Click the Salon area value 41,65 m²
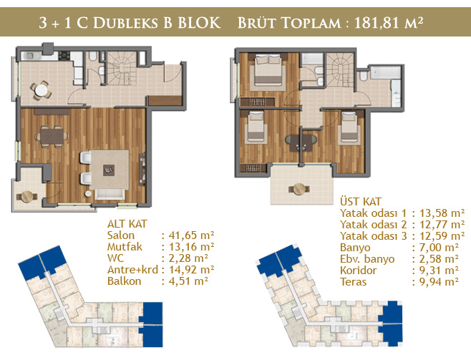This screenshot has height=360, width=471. pyautogui.click(x=191, y=235)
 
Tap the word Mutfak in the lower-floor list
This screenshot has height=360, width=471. pyautogui.click(x=125, y=247)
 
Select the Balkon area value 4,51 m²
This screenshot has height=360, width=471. pyautogui.click(x=188, y=281)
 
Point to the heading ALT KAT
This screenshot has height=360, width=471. pyautogui.click(x=127, y=224)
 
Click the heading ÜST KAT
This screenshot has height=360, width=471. pyautogui.click(x=361, y=201)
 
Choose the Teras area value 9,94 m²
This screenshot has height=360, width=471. pyautogui.click(x=439, y=282)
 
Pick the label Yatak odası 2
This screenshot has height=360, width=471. pyautogui.click(x=374, y=225)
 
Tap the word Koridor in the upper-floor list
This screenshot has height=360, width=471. pyautogui.click(x=359, y=271)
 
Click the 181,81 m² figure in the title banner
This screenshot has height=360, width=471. pyautogui.click(x=389, y=22)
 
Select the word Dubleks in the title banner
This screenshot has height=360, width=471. pyautogui.click(x=125, y=23)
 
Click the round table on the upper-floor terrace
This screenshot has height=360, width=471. pyautogui.click(x=299, y=189)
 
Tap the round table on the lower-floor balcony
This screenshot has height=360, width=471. pyautogui.click(x=26, y=197)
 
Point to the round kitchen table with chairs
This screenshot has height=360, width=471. pyautogui.click(x=41, y=89)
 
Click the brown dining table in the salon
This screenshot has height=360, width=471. pyautogui.click(x=52, y=137)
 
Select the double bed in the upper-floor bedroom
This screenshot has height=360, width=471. pyautogui.click(x=268, y=69)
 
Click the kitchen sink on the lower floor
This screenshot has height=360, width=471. pyautogui.click(x=30, y=56)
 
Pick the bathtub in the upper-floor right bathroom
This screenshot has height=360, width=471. pyautogui.click(x=385, y=73)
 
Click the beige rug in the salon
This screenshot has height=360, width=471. pyautogui.click(x=110, y=170)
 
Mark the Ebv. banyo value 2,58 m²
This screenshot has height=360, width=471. pyautogui.click(x=439, y=259)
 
